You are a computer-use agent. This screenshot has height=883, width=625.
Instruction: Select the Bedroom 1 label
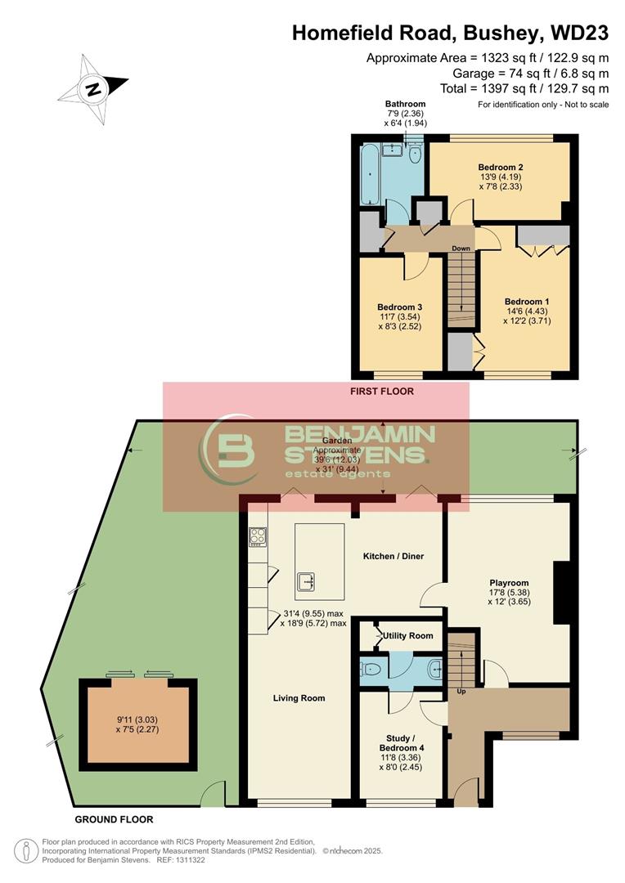[x=526, y=301]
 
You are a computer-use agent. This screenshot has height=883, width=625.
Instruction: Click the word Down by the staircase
[x=461, y=249]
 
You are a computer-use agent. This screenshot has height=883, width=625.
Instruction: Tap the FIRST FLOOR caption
[x=381, y=392]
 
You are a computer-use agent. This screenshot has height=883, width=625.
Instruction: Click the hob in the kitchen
[x=257, y=536]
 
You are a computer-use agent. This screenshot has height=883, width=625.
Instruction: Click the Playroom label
[x=509, y=583]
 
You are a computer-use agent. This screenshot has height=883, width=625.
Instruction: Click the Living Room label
[x=299, y=698]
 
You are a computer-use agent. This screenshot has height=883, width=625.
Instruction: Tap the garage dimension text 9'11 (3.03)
[x=137, y=719]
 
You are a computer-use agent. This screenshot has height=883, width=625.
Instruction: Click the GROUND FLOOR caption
[x=114, y=819]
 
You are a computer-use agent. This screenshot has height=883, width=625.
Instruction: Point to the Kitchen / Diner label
[x=393, y=557]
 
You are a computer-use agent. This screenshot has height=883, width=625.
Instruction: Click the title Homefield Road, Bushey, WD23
[x=450, y=33]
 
